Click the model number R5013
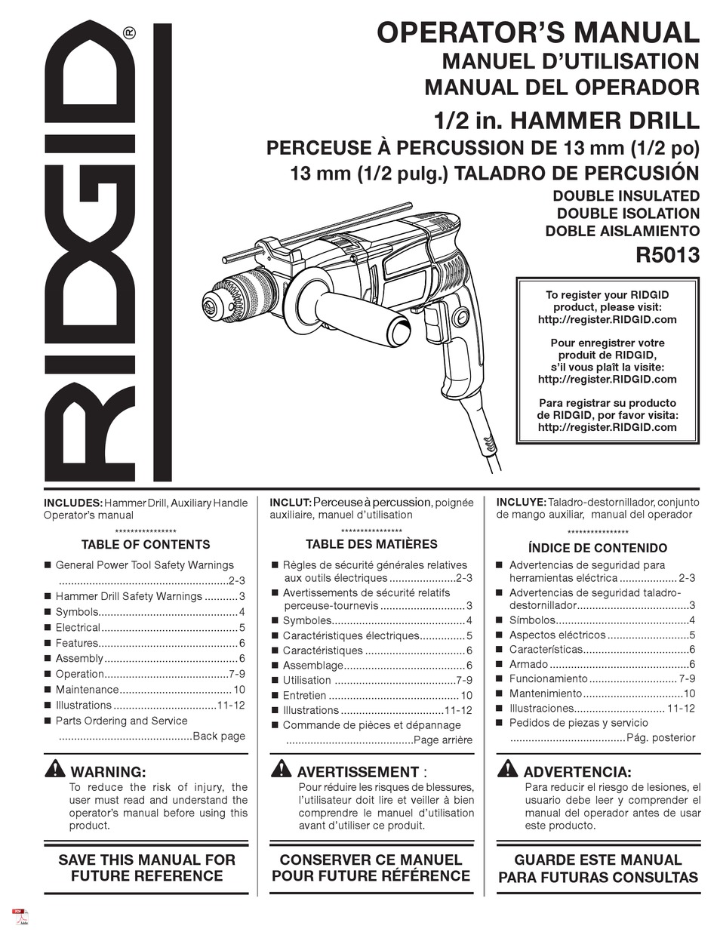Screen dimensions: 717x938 pos(668,255)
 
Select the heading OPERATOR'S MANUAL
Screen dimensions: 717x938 pos(538,33)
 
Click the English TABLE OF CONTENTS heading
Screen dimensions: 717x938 pos(146,545)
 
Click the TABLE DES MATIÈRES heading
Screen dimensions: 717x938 pos(371,544)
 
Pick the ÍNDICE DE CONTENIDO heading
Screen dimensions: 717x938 pos(597,548)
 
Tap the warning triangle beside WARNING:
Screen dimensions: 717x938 pos(55,770)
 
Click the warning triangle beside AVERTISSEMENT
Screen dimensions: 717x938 pos(281,770)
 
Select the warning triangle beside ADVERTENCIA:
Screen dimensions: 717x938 pos(507,770)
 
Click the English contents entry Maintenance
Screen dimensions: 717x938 pos(87,690)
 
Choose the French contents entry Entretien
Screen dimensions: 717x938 pos(305,696)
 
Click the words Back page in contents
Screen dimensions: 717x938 pos(219,737)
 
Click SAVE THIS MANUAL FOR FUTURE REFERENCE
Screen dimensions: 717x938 pos(146,868)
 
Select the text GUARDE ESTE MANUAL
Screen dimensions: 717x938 pos(598,860)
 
